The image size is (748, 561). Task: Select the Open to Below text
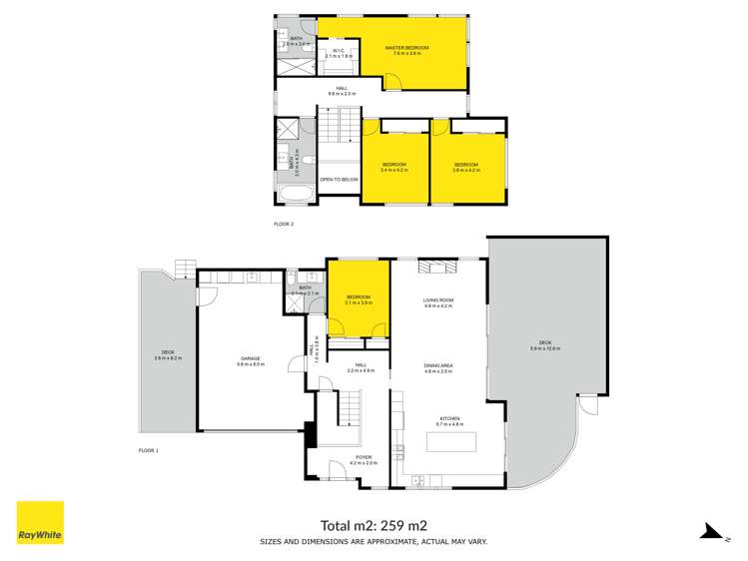pyautogui.click(x=339, y=180)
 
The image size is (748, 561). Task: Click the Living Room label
pyautogui.click(x=439, y=300)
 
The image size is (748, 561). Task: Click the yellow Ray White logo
pyautogui.click(x=40, y=523)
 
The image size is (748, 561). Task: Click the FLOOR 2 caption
pyautogui.click(x=284, y=224)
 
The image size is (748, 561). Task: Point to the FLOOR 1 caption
pyautogui.click(x=148, y=450)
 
